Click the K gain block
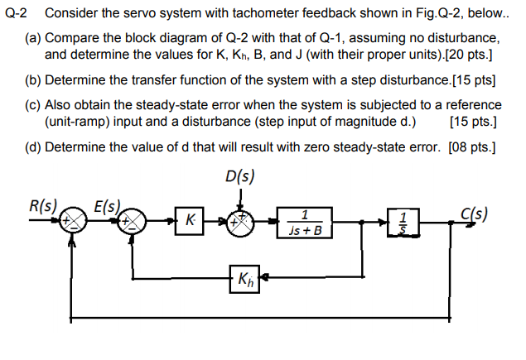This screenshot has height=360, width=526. [191, 220]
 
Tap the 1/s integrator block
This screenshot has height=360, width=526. [403, 221]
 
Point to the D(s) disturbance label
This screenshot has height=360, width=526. [239, 175]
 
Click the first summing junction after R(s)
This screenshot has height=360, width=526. [75, 221]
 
